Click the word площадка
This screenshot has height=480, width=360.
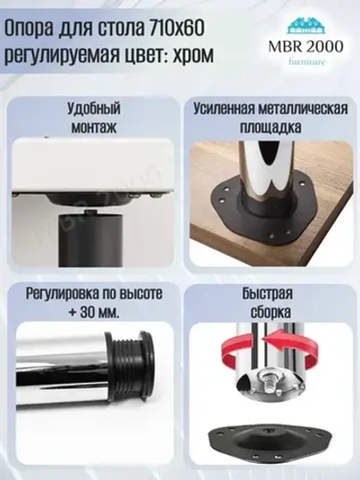(270, 128)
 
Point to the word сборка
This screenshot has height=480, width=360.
(270, 312)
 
